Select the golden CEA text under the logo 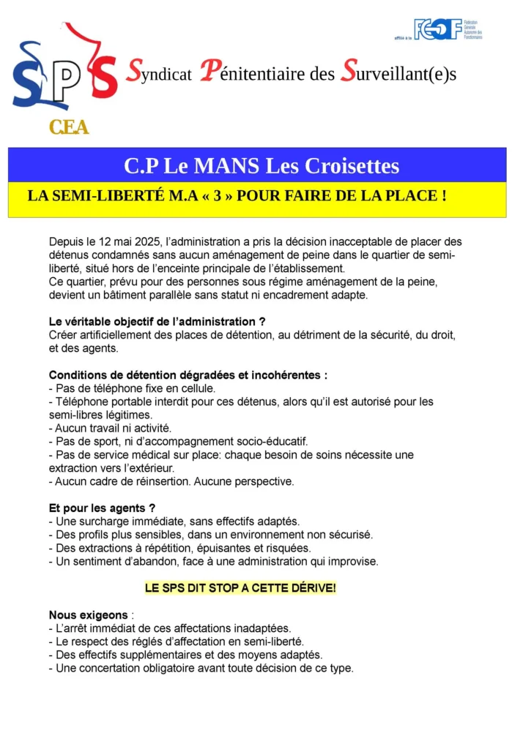click(x=69, y=127)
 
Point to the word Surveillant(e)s click(x=399, y=74)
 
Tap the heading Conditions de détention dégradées click(x=188, y=375)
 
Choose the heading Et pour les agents click(x=102, y=508)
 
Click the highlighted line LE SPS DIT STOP click(x=240, y=588)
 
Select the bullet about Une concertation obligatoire click(x=201, y=668)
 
